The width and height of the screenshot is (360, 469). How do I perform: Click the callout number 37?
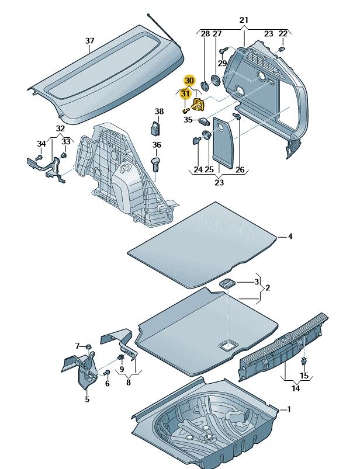pos(89,41)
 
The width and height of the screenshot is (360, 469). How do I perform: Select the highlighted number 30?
pos(189,80)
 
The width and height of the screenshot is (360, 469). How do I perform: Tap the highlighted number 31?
pos(185,93)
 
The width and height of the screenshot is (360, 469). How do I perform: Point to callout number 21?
pos(244,20)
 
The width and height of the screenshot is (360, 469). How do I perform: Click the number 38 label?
pos(160,111)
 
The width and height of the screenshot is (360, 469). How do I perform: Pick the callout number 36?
pos(157,145)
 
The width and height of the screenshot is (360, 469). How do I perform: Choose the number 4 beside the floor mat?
pos(290,237)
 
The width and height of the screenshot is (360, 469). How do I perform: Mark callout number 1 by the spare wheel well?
pos(288,409)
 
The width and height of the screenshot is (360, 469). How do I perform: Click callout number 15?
pos(304,376)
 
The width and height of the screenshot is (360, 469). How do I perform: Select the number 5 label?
pos(87,399)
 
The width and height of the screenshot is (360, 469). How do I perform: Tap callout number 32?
pos(61,128)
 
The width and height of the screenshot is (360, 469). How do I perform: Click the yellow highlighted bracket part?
pos(199,105)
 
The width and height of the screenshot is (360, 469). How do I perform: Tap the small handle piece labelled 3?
pos(228,284)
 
